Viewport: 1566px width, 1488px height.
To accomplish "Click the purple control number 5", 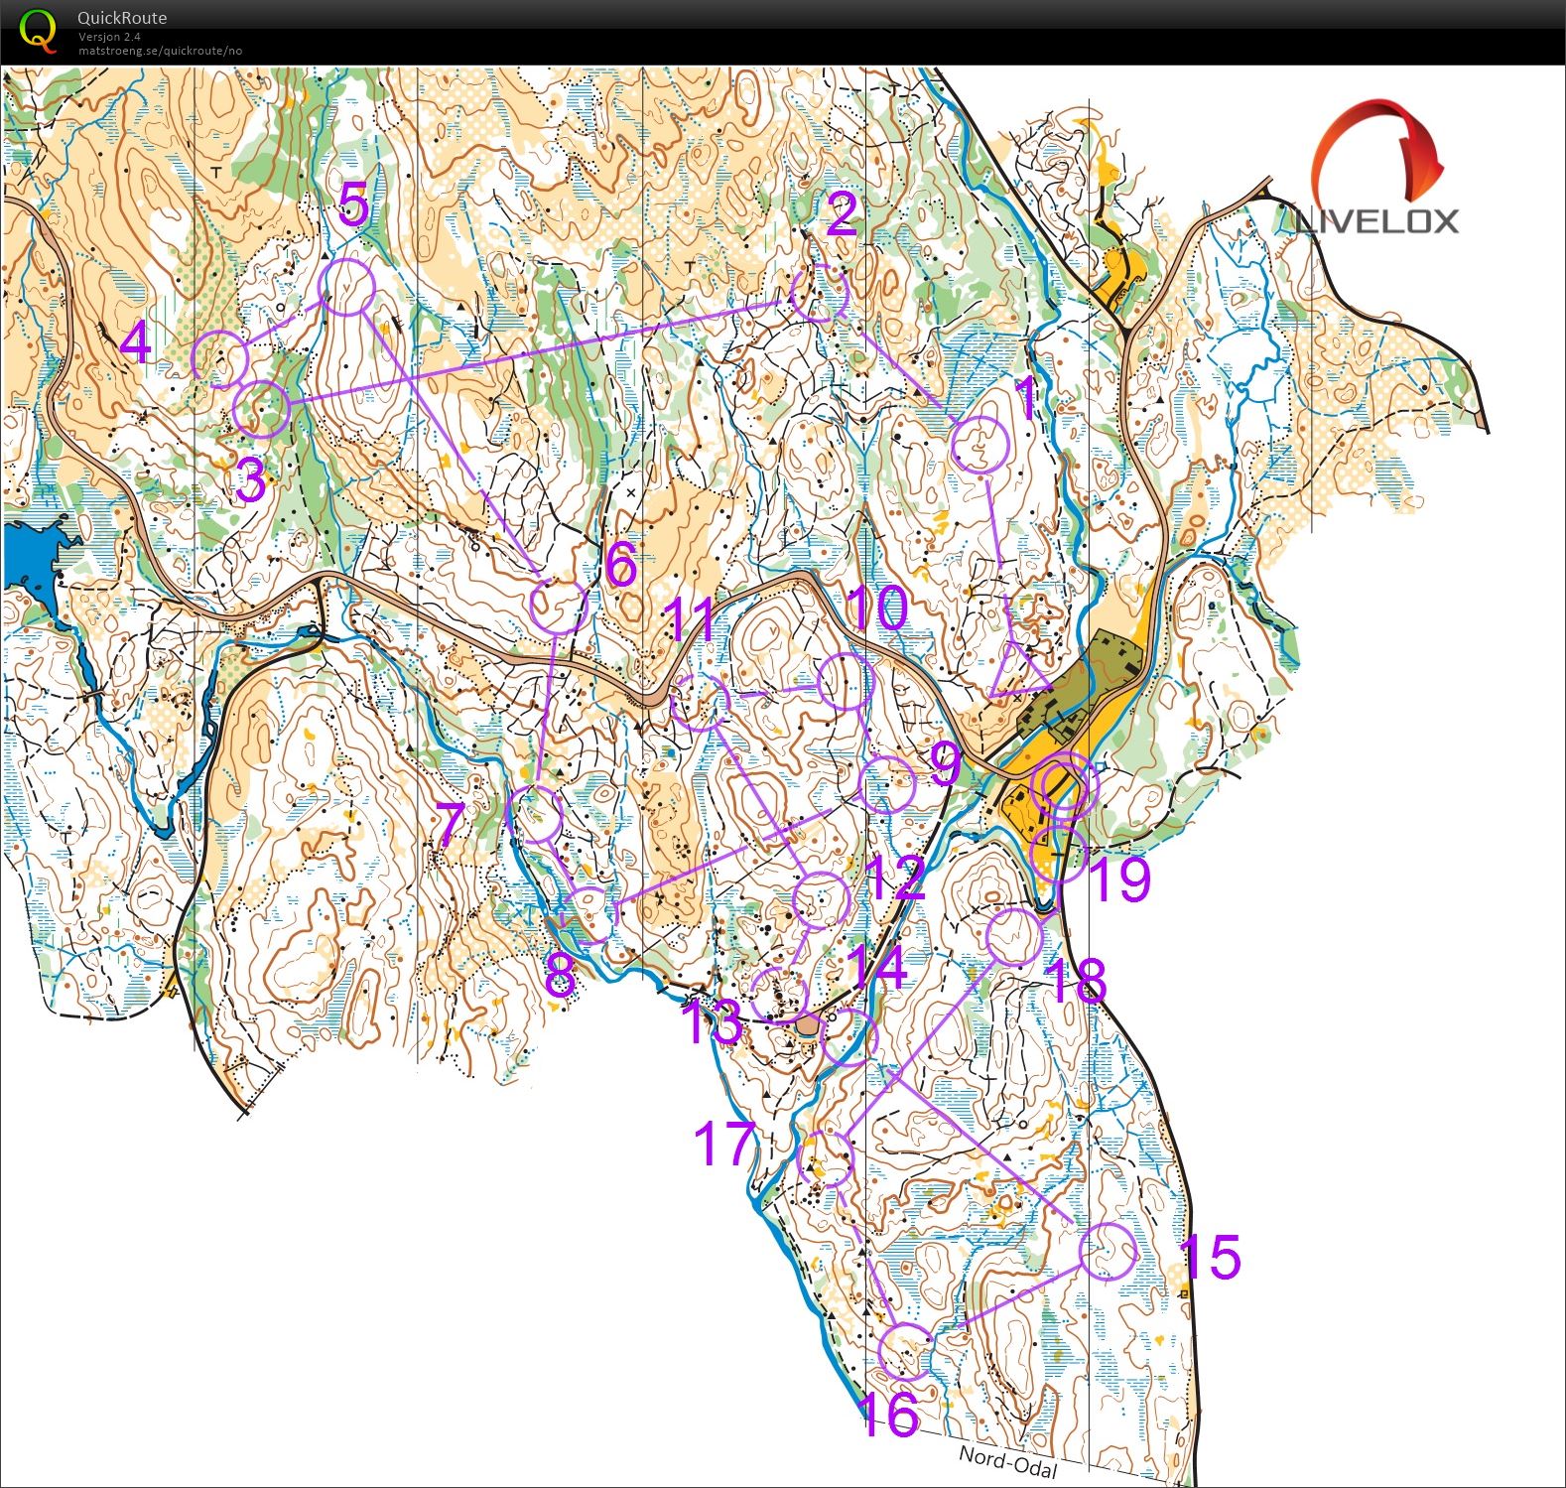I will click(x=353, y=205).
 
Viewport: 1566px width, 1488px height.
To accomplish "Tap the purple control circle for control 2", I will click(x=821, y=294).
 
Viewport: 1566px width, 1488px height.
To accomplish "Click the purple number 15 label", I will click(x=1211, y=1258).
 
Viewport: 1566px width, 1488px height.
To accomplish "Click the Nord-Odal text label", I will click(x=1008, y=1462).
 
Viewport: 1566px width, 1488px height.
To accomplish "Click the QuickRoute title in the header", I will click(x=122, y=17).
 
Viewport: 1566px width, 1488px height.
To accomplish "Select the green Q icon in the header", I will click(x=38, y=29).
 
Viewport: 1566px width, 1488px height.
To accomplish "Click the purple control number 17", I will click(x=724, y=1144).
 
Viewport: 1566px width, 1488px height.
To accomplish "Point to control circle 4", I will click(x=219, y=358).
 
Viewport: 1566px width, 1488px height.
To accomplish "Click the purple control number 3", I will click(x=251, y=482).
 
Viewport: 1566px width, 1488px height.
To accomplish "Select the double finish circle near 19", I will click(x=1064, y=785).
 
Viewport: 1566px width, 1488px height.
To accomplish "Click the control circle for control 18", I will click(x=1015, y=936).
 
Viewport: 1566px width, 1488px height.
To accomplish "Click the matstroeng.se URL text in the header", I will click(x=160, y=51).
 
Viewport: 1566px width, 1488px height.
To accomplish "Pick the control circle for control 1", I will click(x=980, y=445).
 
